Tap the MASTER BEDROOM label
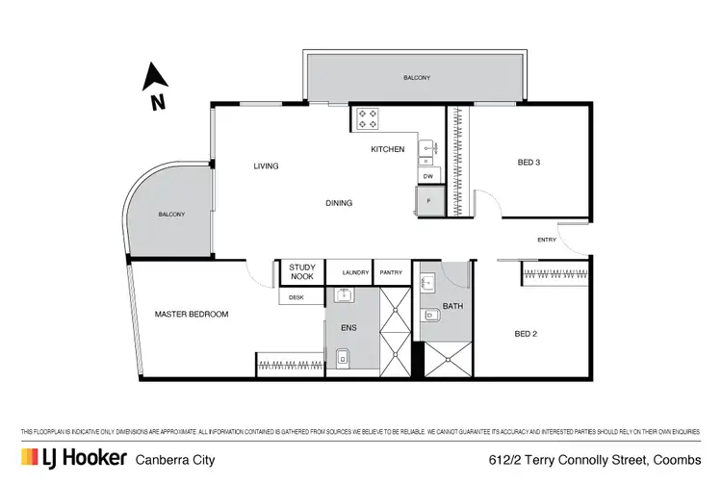coord(193,315)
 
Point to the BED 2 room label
coord(526,335)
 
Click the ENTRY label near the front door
coord(547,240)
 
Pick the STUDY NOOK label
coord(301,272)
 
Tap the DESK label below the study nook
coord(296,297)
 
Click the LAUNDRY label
coord(355,273)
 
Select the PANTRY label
coord(391,273)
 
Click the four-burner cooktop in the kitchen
coord(369,118)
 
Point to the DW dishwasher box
coord(429,177)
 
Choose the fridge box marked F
coord(429,201)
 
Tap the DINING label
coord(338,203)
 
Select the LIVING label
coord(266,166)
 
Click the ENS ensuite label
coord(348,327)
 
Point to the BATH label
coord(452,307)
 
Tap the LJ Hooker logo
coord(74,458)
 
